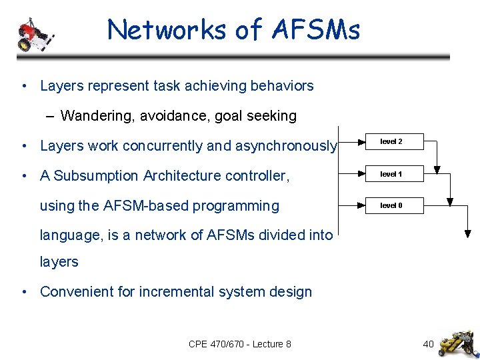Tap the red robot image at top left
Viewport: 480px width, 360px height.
pyautogui.click(x=33, y=35)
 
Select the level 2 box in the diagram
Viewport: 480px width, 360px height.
pyautogui.click(x=391, y=142)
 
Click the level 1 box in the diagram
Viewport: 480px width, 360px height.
pyautogui.click(x=391, y=174)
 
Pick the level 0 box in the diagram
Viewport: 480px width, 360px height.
pyautogui.click(x=391, y=205)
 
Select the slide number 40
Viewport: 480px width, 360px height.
pyautogui.click(x=428, y=344)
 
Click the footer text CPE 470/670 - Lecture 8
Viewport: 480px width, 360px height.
pyautogui.click(x=239, y=344)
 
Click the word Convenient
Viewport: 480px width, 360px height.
pyautogui.click(x=75, y=292)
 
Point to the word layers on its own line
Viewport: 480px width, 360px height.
pyautogui.click(x=59, y=262)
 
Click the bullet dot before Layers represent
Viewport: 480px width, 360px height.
pyautogui.click(x=24, y=86)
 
